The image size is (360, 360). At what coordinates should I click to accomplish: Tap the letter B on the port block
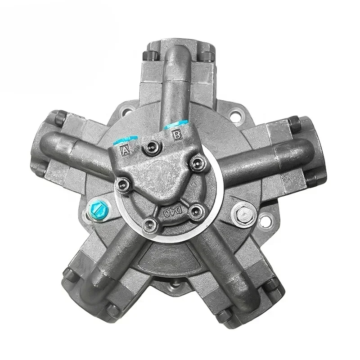177,134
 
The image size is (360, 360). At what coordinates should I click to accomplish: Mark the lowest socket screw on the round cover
148,224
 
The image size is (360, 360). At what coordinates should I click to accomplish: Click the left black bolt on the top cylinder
148,55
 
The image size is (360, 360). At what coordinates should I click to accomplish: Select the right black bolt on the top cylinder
207,56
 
